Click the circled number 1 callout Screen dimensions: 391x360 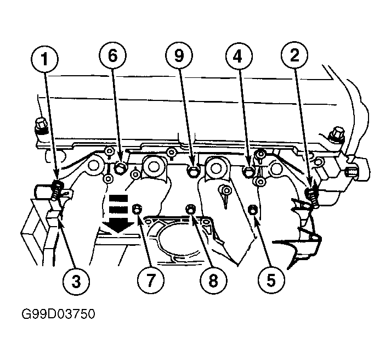tap(45, 59)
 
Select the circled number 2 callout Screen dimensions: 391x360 tap(294, 55)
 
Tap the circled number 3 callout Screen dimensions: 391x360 tap(76, 281)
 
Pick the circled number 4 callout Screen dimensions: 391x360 tap(239, 56)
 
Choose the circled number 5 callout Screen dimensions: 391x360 tap(271, 280)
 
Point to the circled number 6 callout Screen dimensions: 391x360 tap(113, 55)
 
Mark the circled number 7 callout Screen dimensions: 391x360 tap(151, 280)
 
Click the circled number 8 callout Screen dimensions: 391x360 tap(213, 280)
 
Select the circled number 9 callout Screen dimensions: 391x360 tap(179, 55)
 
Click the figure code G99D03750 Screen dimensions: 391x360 tap(58, 314)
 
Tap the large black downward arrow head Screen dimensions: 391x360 tap(118, 227)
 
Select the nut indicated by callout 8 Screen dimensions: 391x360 tap(191, 209)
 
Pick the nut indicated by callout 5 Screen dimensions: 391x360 tap(253, 209)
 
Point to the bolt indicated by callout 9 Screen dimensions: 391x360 tap(193, 172)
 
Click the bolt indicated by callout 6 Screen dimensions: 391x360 tap(120, 168)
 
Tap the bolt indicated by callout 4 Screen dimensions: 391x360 tap(248, 172)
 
